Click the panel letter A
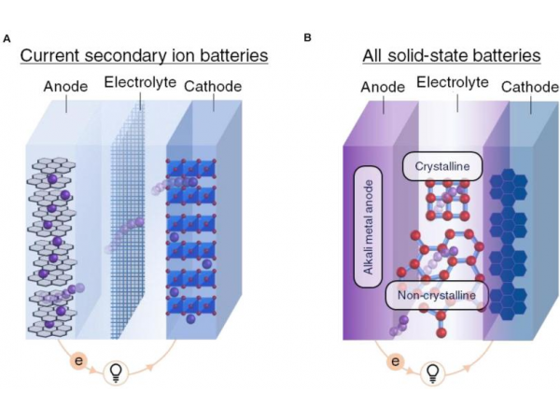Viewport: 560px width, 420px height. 8,38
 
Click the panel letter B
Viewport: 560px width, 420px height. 308,38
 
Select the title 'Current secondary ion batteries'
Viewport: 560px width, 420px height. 145,57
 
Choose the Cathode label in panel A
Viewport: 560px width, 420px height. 213,87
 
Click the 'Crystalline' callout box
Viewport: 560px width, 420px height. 441,166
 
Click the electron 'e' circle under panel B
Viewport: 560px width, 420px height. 396,359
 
